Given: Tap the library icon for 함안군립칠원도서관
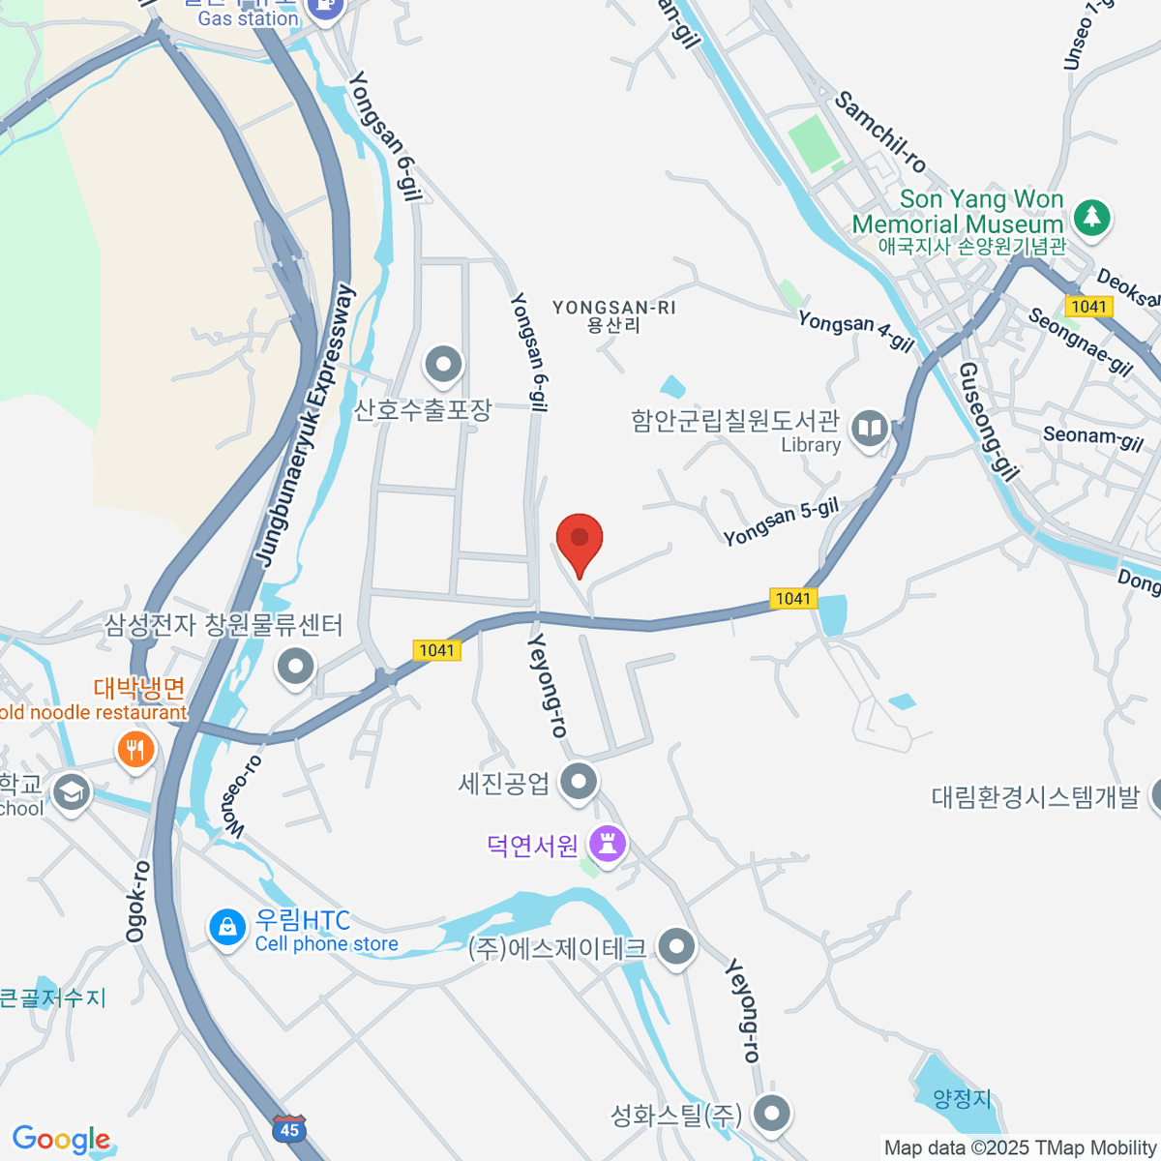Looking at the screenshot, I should click(x=871, y=429).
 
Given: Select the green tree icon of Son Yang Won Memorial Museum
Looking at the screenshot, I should click(x=1092, y=216).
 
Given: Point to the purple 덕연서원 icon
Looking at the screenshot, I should click(x=608, y=844).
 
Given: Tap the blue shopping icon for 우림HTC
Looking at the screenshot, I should click(x=226, y=927).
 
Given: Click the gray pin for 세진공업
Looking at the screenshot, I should click(x=579, y=780).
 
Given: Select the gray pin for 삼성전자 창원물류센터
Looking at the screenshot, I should click(x=295, y=666).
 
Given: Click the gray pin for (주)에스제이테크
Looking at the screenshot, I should click(x=675, y=946).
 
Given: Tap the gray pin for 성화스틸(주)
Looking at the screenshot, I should click(x=771, y=1113).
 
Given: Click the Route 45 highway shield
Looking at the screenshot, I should click(x=288, y=1128).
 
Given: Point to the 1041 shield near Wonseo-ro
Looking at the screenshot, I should click(x=436, y=650).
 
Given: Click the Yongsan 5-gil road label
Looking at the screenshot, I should click(x=781, y=522).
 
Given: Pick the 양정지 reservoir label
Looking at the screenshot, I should click(x=962, y=1099).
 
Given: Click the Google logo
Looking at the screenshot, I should click(x=61, y=1140).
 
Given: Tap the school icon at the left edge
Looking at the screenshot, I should click(x=71, y=792).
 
